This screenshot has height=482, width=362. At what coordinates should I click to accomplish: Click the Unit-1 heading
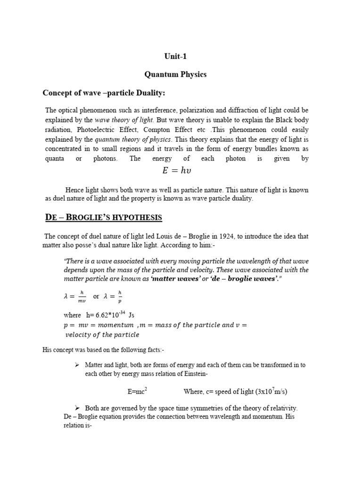175,56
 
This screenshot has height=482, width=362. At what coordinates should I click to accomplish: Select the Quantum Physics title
175,75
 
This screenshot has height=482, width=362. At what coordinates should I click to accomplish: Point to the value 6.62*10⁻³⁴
108,314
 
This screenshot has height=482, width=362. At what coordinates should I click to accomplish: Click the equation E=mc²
138,391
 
